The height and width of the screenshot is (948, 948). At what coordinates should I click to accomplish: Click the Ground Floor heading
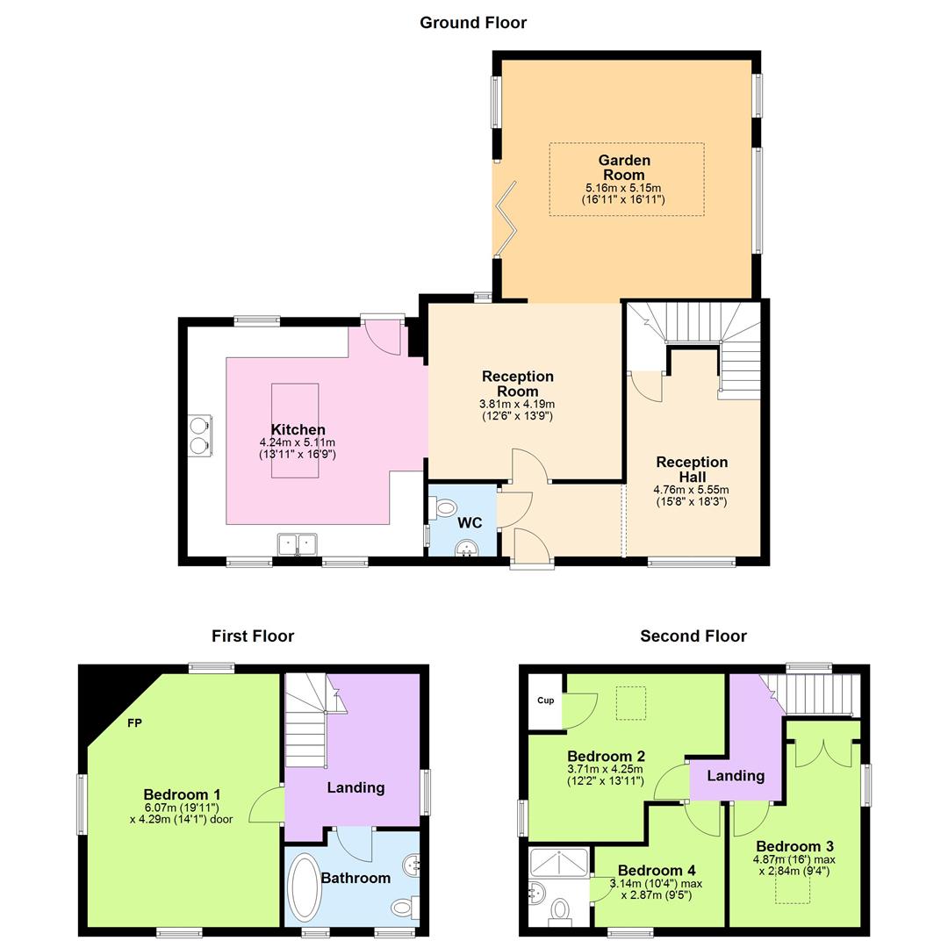point(473,23)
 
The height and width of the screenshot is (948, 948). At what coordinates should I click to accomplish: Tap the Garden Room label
point(624,167)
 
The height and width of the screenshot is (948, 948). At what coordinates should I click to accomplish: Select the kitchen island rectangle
point(295,430)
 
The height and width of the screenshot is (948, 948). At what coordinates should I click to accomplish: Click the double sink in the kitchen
point(297,545)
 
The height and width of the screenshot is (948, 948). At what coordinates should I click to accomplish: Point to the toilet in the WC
point(445,507)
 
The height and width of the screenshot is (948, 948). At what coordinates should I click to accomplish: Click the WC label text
point(470,522)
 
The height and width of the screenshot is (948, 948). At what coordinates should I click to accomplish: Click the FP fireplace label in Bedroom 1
point(134,723)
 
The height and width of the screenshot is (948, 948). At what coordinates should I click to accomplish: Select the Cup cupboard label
point(544,700)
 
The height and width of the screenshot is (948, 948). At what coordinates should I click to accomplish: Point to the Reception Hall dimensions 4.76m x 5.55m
point(691,490)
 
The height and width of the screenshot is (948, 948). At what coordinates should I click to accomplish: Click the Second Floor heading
point(693,636)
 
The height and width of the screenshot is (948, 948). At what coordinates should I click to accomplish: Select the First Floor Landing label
point(355,787)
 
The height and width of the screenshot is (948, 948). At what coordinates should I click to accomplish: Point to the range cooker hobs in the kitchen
point(200,435)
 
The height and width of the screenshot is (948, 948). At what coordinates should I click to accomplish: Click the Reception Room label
point(517,384)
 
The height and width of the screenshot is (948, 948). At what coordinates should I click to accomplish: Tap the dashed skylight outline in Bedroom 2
point(629,702)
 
